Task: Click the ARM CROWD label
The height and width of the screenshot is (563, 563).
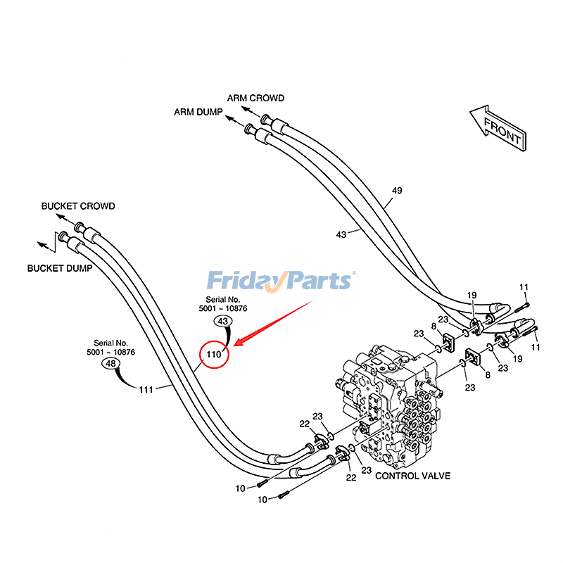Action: [x=255, y=98]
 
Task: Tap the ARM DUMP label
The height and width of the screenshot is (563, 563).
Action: [x=198, y=112]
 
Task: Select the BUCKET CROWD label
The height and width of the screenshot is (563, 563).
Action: [x=77, y=206]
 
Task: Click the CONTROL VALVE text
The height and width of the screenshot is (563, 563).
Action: [x=412, y=476]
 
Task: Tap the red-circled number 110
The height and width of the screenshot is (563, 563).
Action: [x=214, y=355]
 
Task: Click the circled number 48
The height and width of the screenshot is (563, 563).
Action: [x=110, y=364]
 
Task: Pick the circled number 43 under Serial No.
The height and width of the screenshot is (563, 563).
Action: [x=223, y=322]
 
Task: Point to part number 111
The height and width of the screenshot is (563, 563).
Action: [x=146, y=389]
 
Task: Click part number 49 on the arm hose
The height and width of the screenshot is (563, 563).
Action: [x=397, y=190]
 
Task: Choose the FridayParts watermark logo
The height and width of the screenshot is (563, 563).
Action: [x=281, y=281]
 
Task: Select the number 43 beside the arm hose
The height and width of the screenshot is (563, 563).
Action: [x=341, y=234]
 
